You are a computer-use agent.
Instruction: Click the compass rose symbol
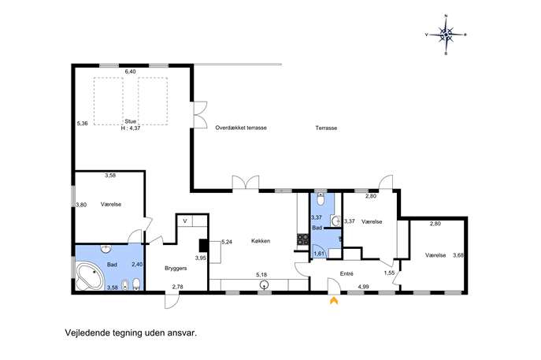click(x=446, y=35)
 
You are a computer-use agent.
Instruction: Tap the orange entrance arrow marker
click(x=334, y=301)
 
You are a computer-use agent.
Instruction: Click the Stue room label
click(x=131, y=121)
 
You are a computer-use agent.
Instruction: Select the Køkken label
click(x=261, y=241)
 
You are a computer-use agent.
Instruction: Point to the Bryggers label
click(x=176, y=268)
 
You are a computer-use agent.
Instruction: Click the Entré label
click(x=346, y=273)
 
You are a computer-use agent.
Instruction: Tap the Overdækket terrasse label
click(x=241, y=128)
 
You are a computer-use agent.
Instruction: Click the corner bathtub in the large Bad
click(x=90, y=276)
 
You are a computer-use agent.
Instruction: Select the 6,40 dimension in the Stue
click(x=131, y=72)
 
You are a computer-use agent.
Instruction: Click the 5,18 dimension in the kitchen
click(x=261, y=275)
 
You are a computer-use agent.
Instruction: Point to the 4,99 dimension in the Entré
click(x=364, y=287)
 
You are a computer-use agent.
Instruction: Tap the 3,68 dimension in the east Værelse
click(x=458, y=255)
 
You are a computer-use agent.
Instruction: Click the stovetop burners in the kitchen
click(x=303, y=239)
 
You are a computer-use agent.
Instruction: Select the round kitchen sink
click(x=265, y=284)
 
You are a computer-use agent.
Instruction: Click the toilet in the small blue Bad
click(x=321, y=199)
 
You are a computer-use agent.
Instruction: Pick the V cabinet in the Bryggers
click(x=185, y=221)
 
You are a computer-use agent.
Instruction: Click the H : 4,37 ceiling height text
click(x=131, y=128)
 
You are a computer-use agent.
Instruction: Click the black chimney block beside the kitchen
click(x=203, y=246)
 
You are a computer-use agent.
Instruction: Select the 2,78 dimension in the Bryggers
click(x=178, y=287)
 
